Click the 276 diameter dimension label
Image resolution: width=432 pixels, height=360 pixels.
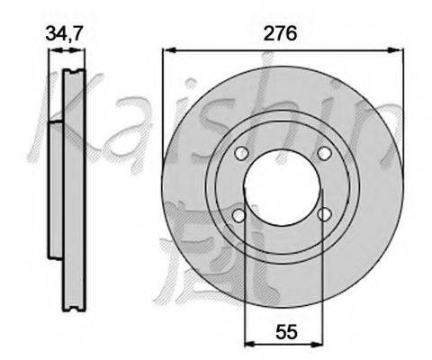pyautogui.click(x=280, y=33)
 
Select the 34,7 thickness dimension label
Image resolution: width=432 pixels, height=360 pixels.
pyautogui.click(x=64, y=33)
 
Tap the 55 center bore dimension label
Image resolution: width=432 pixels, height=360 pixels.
pyautogui.click(x=286, y=332)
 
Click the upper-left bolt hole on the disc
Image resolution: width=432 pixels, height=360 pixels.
pyautogui.click(x=241, y=153)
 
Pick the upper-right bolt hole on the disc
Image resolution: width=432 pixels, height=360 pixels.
pyautogui.click(x=324, y=153)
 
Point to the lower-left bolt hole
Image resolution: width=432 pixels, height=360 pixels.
pyautogui.click(x=239, y=215)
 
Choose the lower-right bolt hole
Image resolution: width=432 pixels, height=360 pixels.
pyautogui.click(x=325, y=214)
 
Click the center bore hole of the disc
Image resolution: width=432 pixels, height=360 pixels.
pyautogui.click(x=283, y=187)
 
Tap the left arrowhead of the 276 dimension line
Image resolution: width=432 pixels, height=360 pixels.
pyautogui.click(x=169, y=50)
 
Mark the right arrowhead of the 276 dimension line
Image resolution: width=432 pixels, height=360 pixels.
pyautogui.click(x=395, y=50)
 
